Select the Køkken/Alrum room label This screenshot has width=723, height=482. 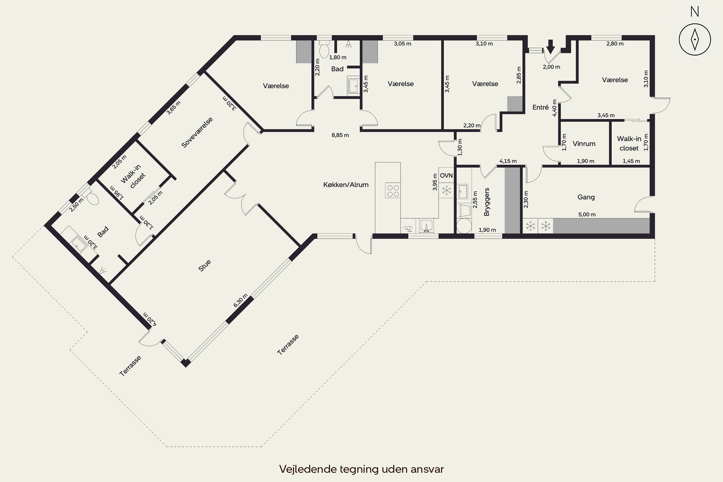346,185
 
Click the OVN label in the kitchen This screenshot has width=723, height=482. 446,175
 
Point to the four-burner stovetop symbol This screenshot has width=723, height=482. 393,190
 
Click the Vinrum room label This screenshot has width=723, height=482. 584,144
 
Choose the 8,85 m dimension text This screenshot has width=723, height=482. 340,135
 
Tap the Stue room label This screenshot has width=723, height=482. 205,266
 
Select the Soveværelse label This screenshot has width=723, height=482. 197,133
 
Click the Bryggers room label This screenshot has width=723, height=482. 487,202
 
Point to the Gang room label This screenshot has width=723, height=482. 586,197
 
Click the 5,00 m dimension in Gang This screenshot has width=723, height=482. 587,214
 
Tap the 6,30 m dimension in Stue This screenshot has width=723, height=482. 240,300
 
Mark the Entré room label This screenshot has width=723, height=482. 540,107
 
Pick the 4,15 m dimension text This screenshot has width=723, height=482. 508,161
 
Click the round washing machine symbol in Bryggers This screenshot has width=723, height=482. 464,226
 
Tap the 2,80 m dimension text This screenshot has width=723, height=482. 615,44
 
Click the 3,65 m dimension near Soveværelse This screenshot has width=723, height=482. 174,107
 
